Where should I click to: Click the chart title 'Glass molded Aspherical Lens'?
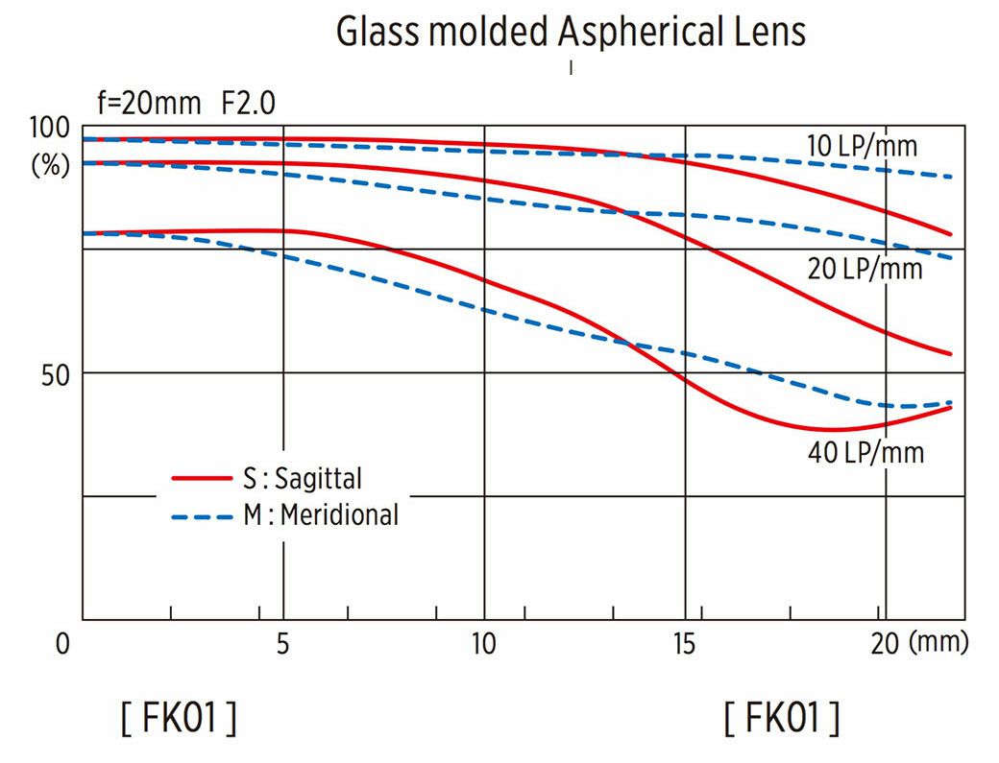pyautogui.click(x=571, y=32)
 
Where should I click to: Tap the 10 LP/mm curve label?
pyautogui.click(x=862, y=146)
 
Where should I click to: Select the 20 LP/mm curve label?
pyautogui.click(x=865, y=270)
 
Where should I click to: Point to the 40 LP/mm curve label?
pyautogui.click(x=865, y=452)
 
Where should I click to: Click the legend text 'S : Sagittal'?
pyautogui.click(x=303, y=477)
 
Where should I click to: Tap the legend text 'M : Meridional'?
pyautogui.click(x=320, y=516)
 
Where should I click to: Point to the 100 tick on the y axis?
pyautogui.click(x=51, y=128)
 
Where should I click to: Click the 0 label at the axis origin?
pyautogui.click(x=62, y=644)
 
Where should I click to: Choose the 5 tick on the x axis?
pyautogui.click(x=282, y=644)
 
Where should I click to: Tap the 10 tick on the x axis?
pyautogui.click(x=484, y=644)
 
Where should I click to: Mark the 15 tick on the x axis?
pyautogui.click(x=685, y=644)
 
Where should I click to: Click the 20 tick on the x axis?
pyautogui.click(x=885, y=644)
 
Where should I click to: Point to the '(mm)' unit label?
pyautogui.click(x=938, y=643)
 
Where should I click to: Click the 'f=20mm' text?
pyautogui.click(x=149, y=103)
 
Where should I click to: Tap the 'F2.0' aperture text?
pyautogui.click(x=249, y=103)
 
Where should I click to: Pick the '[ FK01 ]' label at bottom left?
pyautogui.click(x=179, y=718)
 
